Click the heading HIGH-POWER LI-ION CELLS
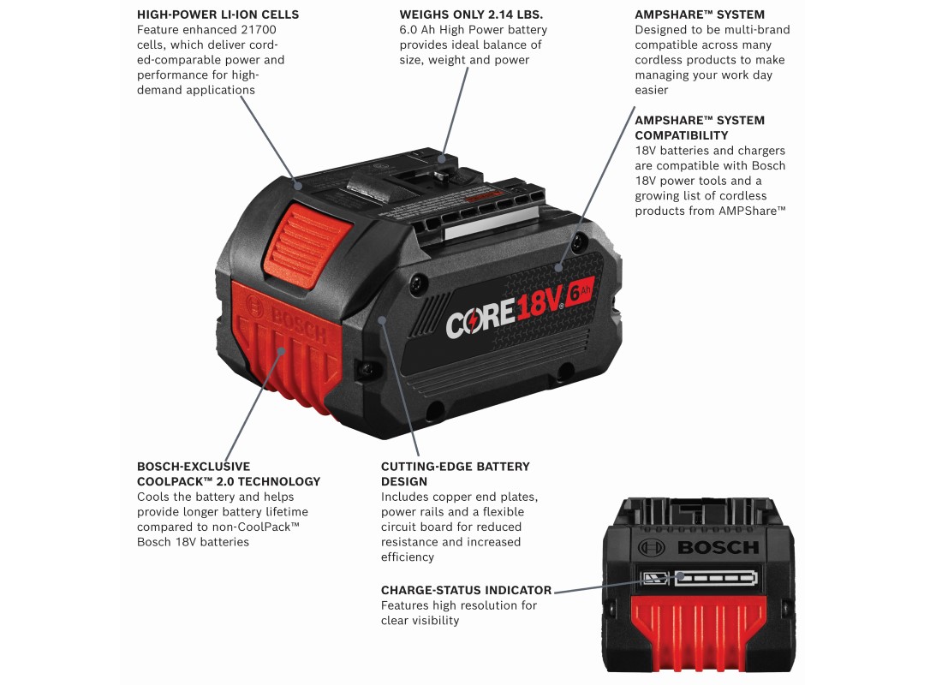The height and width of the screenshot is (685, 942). tap(218, 15)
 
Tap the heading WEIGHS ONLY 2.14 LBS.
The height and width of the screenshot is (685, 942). tap(471, 15)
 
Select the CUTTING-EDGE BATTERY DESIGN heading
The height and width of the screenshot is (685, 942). tap(456, 474)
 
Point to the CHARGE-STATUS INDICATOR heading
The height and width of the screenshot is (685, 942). tap(466, 590)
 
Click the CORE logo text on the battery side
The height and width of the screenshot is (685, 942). tap(480, 318)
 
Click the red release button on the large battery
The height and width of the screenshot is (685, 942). tap(307, 245)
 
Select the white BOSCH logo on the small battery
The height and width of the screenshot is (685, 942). tap(697, 547)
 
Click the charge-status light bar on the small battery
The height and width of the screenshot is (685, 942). tap(715, 579)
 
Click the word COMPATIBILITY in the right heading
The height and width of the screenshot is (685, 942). tap(682, 135)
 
